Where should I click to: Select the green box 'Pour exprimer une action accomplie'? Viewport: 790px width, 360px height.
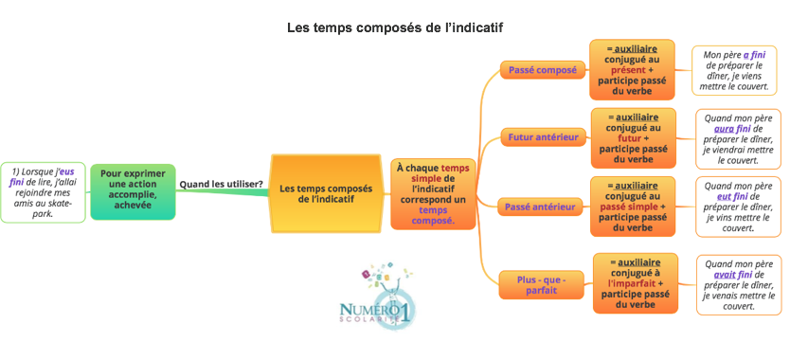[133, 191]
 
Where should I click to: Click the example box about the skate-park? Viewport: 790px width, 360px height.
[43, 191]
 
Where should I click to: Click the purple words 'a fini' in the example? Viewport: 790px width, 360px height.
[754, 55]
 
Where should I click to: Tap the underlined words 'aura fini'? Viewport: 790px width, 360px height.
[733, 128]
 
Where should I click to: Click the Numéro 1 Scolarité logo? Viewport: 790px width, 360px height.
[375, 302]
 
